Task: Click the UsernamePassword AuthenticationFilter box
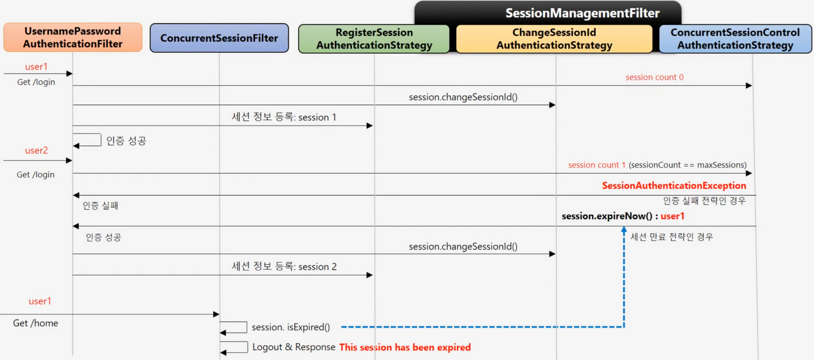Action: (73, 37)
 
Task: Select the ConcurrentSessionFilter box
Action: (219, 38)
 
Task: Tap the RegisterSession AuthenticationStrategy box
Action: (374, 39)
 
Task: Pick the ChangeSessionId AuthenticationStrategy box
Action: (554, 39)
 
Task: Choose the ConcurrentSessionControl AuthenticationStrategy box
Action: (735, 39)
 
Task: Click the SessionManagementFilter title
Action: (582, 13)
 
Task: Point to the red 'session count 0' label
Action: (654, 77)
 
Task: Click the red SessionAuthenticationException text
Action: (674, 185)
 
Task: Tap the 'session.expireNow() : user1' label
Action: (623, 216)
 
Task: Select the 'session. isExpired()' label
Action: (291, 327)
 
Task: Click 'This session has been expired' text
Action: (405, 347)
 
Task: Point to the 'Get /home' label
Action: (35, 323)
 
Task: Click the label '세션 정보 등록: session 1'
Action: (284, 117)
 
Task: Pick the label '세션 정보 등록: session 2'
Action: (284, 266)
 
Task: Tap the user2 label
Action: (36, 150)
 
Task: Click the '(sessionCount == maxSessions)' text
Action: (687, 165)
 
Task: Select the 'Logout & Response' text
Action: (294, 347)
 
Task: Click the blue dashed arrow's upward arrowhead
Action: (624, 229)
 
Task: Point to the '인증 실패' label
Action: (100, 205)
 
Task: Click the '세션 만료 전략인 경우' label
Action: (672, 237)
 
